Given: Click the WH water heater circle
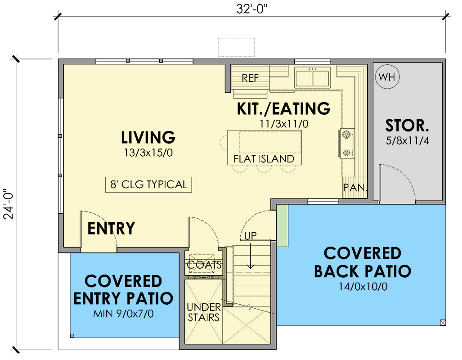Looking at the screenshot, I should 387,77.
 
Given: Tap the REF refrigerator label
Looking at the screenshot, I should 250,78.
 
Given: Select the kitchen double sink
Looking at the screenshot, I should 312,78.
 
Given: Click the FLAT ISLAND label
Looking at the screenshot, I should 264,159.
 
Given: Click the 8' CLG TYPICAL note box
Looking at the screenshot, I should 148,184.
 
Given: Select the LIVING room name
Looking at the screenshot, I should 148,137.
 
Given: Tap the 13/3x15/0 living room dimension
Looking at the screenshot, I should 148,153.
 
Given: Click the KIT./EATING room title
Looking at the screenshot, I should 283,108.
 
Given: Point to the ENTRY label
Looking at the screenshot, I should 111,229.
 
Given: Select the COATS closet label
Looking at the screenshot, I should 204,265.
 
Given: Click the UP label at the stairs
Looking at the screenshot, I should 251,235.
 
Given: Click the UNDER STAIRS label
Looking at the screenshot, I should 204,312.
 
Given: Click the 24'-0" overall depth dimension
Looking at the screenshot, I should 9,203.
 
